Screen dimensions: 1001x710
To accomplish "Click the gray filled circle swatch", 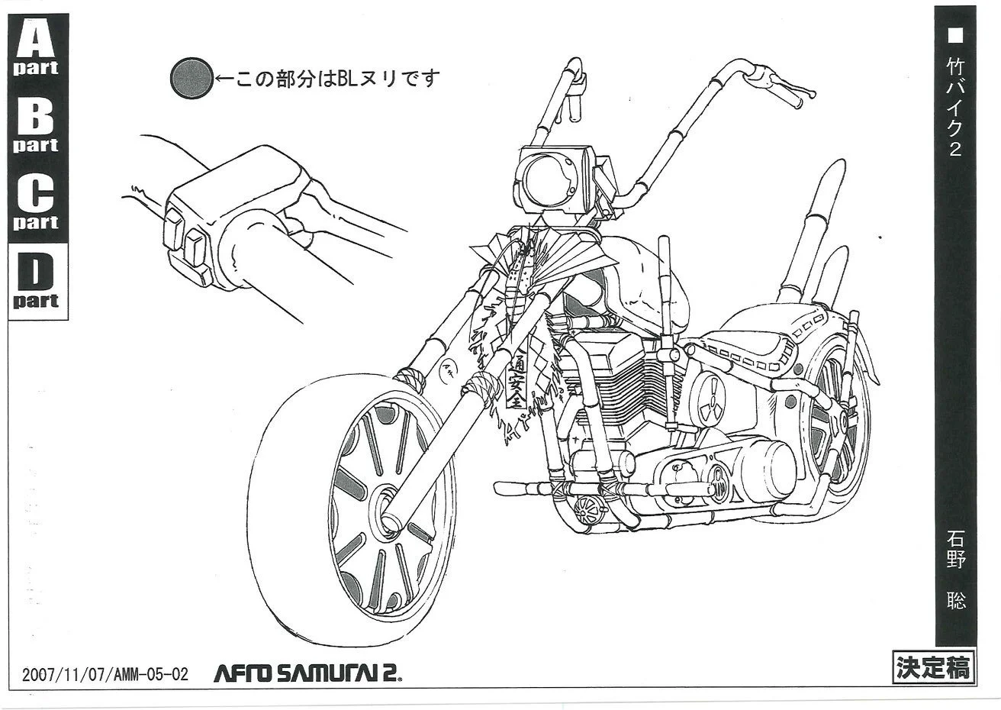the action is pos(190,78).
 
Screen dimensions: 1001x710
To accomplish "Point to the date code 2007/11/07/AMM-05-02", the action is pos(104,674).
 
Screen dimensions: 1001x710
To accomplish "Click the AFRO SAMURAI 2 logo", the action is pos(307,673).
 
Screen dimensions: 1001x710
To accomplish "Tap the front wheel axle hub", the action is pos(388,507).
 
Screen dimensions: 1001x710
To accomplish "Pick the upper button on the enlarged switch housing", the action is pos(173,226).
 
